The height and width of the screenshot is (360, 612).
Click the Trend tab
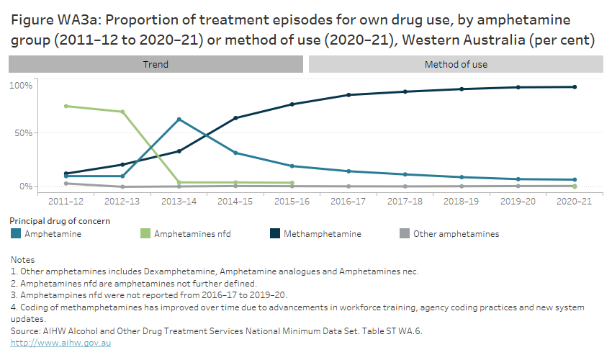tap(156, 65)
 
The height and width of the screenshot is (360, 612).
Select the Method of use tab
tap(456, 65)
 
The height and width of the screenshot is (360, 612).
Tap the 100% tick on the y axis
tap(21, 86)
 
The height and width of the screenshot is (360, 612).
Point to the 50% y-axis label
tap(23, 133)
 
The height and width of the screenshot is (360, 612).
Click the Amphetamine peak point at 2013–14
tap(179, 120)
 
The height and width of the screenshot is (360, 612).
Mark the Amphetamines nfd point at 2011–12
tap(66, 106)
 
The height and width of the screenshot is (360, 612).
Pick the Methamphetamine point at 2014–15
tap(235, 118)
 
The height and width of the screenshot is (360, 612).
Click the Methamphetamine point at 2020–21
tap(574, 87)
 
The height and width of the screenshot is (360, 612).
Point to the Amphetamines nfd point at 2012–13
tap(122, 112)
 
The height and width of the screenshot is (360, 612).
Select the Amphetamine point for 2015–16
tap(292, 166)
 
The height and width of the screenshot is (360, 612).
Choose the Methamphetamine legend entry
tap(322, 233)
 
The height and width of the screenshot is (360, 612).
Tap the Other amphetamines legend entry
tap(456, 233)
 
